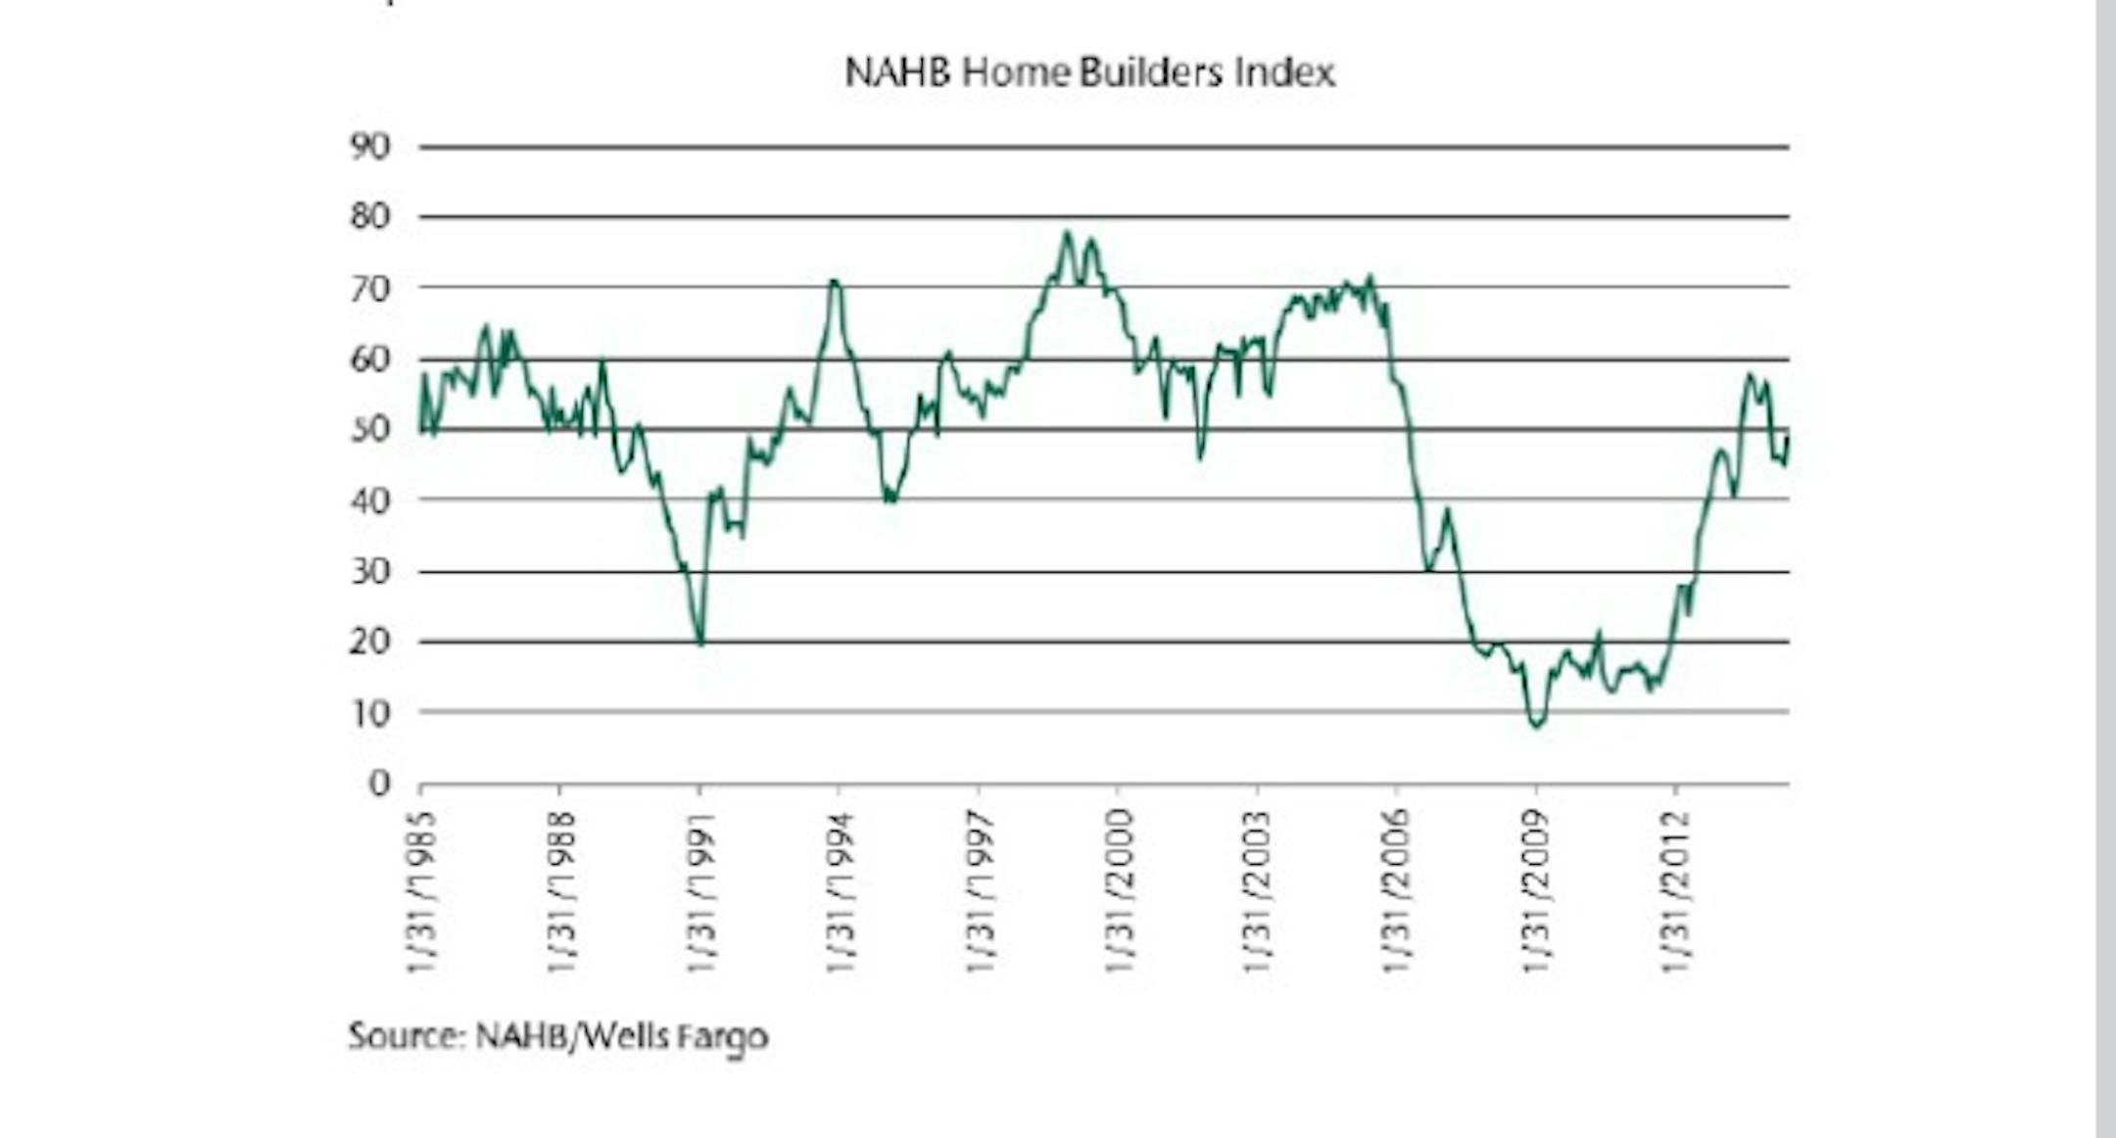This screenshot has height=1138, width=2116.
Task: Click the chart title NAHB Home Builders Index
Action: (x=1089, y=72)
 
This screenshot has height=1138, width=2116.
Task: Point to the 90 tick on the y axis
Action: (x=370, y=147)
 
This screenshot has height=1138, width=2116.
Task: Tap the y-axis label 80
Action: (x=370, y=216)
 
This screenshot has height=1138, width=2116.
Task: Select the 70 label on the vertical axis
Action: (x=370, y=288)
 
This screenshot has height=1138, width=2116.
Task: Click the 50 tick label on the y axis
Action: (x=370, y=429)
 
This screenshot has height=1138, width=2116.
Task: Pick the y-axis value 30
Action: (x=370, y=571)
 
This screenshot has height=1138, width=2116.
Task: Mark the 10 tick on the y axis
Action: (x=370, y=713)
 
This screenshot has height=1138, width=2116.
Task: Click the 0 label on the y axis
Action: (x=379, y=783)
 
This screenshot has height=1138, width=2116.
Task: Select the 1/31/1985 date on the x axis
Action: (x=421, y=891)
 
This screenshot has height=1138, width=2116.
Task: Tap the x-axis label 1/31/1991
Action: (x=700, y=891)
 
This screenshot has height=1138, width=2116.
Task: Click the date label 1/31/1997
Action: (x=980, y=891)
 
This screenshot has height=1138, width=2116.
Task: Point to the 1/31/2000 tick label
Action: (x=1119, y=891)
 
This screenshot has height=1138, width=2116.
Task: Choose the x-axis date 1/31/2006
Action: (x=1397, y=891)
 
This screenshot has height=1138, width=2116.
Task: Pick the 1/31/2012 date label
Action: (x=1676, y=891)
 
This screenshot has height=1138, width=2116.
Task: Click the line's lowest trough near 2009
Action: (x=1536, y=726)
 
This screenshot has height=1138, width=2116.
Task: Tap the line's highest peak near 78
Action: (x=1067, y=232)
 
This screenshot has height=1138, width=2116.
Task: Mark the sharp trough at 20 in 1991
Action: (x=700, y=642)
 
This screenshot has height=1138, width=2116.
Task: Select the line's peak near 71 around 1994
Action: (x=834, y=281)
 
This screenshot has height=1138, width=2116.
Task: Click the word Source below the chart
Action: (x=406, y=1035)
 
